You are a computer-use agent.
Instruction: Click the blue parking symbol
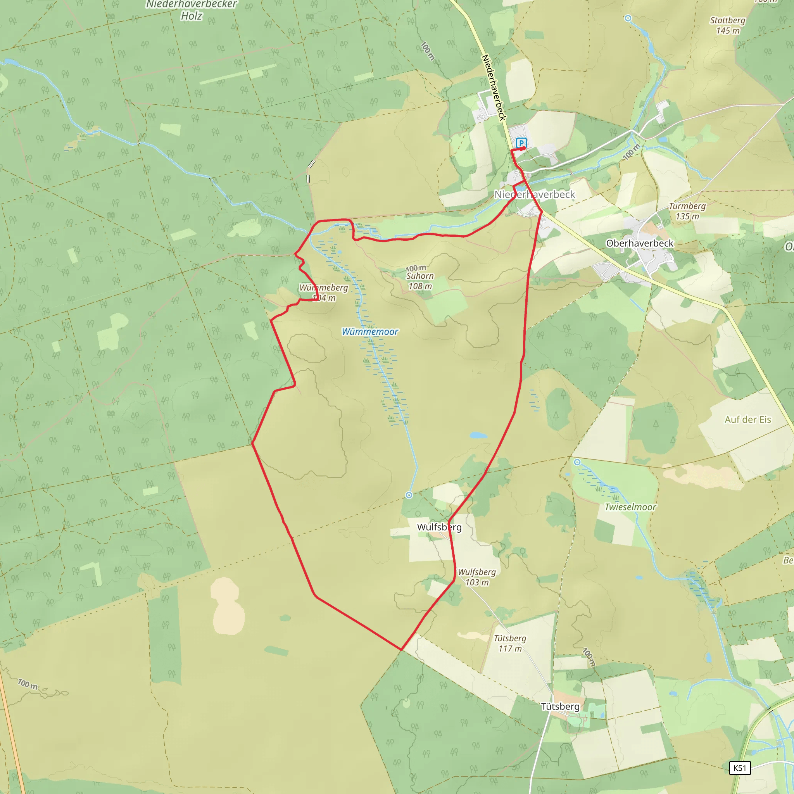521,143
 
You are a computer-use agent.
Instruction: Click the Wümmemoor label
370,331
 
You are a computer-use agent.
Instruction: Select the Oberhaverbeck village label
639,243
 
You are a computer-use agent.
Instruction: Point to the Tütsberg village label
560,706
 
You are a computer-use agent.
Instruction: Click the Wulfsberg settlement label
439,527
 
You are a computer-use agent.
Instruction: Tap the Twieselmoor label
630,507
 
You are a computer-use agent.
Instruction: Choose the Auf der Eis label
747,419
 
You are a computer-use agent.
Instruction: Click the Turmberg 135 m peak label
687,211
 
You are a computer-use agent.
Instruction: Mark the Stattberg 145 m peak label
727,26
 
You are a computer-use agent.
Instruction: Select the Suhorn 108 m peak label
420,281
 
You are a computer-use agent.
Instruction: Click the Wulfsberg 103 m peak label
477,577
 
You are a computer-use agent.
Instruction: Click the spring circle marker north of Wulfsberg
409,495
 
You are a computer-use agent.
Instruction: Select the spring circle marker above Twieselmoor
577,463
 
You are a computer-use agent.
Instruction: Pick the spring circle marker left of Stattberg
628,18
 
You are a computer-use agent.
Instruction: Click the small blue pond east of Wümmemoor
478,435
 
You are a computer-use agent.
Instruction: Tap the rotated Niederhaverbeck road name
494,87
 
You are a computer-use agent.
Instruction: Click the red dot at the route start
523,148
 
